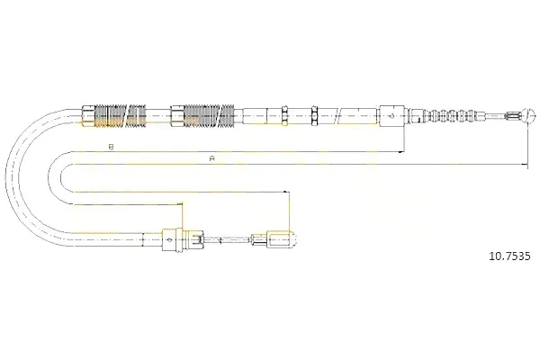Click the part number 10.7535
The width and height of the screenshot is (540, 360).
click(x=509, y=256)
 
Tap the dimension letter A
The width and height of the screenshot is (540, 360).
click(x=212, y=158)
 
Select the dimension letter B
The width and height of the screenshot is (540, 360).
click(x=111, y=147)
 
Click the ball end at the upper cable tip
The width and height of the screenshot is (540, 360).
click(x=529, y=115)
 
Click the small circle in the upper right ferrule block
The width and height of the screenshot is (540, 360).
click(x=391, y=116)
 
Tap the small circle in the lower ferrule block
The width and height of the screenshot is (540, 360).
click(x=169, y=239)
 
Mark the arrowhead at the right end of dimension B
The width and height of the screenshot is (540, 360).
click(x=400, y=151)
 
